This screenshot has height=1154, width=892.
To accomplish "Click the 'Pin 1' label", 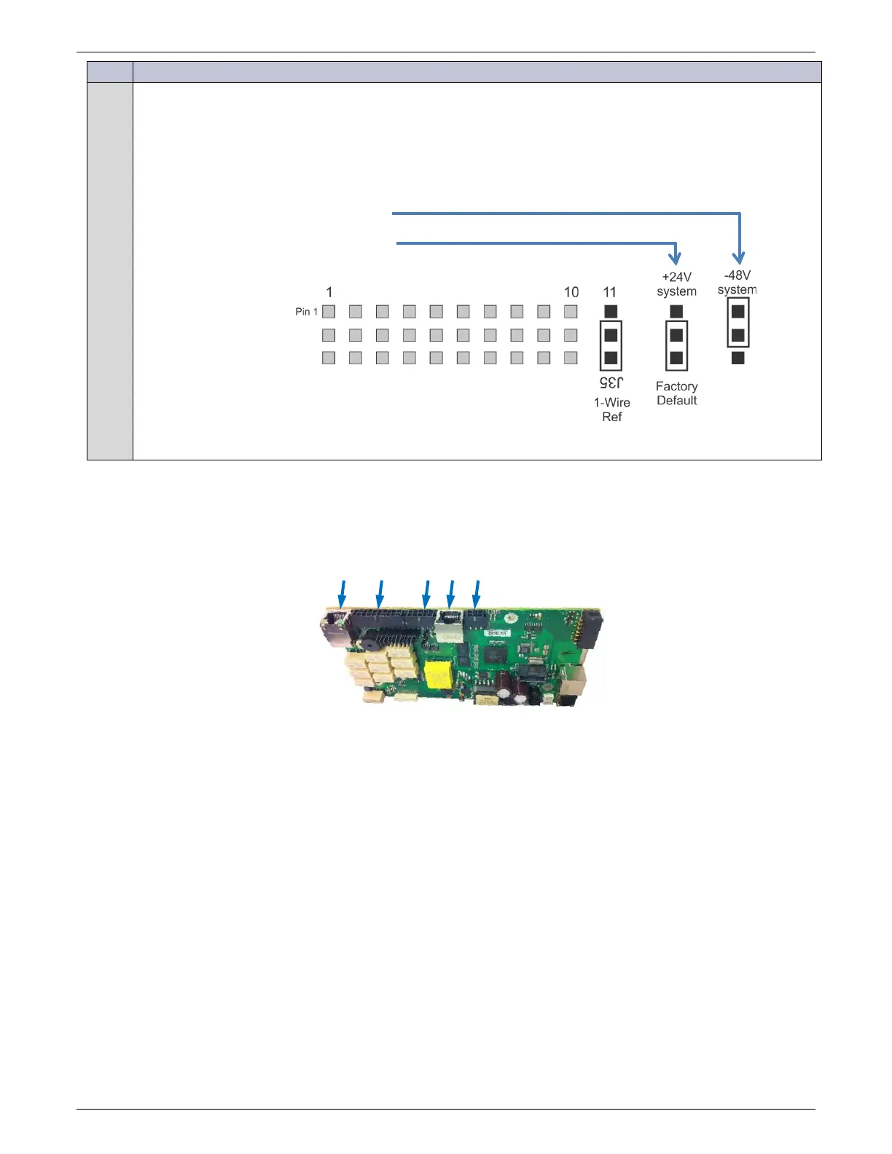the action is (306, 312).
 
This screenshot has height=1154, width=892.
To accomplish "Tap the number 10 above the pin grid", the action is (571, 292).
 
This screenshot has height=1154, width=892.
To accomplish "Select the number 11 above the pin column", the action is (610, 292).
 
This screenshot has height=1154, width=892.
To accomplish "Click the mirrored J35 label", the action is (611, 382).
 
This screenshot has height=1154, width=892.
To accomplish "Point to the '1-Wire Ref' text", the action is (612, 409).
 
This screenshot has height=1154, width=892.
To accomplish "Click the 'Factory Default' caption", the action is (676, 393).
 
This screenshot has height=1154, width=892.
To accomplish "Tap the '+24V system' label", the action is (676, 284).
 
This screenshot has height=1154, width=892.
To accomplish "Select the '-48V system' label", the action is (737, 283).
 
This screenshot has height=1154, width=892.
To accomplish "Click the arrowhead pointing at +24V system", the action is (676, 258).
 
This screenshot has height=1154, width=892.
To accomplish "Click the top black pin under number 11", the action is (611, 312).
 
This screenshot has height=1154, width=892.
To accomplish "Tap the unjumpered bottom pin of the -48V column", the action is (738, 358).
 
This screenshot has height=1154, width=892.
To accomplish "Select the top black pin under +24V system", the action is (676, 312).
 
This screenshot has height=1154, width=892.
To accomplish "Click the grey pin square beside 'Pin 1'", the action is (329, 312).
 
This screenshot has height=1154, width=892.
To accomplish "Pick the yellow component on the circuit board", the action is (438, 675).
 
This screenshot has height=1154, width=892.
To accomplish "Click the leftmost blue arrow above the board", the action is (342, 593).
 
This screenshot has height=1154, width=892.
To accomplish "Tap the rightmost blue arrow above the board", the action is (477, 593).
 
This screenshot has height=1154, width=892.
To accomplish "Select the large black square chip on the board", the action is (496, 653).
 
